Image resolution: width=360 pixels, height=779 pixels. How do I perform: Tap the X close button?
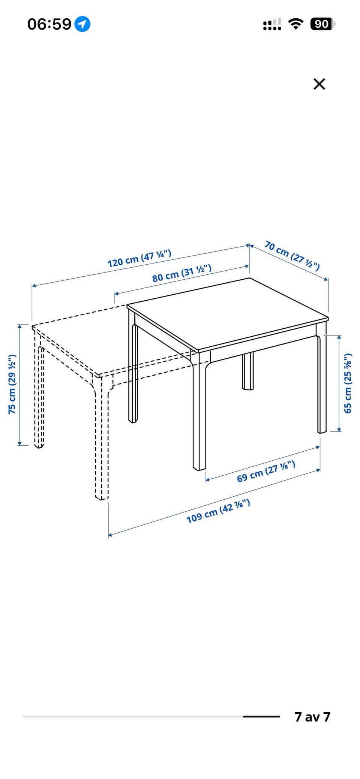(319, 84)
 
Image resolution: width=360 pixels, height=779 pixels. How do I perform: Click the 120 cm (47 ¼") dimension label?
(139, 258)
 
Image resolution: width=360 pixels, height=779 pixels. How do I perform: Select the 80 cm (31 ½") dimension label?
(182, 273)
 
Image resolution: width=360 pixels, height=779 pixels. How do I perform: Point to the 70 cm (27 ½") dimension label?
(292, 256)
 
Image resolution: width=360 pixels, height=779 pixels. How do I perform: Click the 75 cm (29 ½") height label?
(12, 384)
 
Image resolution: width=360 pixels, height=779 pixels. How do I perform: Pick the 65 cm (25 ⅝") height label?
(348, 383)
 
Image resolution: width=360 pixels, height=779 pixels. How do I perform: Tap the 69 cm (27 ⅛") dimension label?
(266, 471)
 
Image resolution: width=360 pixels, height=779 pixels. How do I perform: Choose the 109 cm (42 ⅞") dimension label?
(218, 511)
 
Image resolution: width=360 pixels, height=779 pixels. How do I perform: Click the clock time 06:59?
(49, 24)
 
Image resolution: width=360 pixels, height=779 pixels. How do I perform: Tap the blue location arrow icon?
(82, 24)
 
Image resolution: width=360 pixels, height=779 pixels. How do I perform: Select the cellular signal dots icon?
(272, 25)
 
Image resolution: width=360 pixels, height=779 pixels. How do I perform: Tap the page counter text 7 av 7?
(312, 716)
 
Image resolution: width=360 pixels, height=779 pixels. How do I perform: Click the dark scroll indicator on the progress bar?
(261, 716)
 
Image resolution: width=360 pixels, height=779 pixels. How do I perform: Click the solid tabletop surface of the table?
(228, 313)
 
